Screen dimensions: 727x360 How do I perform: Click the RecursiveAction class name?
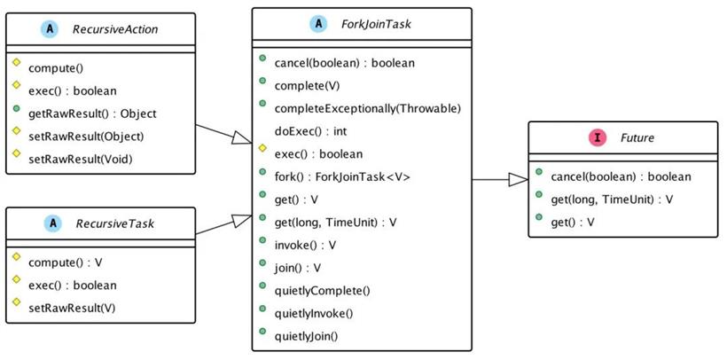tap(115, 29)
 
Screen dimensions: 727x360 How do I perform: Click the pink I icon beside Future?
tap(598, 137)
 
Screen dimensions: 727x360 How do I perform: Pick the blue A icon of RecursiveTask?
tap(53, 223)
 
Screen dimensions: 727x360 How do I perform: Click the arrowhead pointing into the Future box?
tap(519, 179)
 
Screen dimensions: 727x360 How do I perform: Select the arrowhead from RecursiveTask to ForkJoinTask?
tap(241, 220)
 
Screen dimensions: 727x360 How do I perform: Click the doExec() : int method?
tap(310, 131)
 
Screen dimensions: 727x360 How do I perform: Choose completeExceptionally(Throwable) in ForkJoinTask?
tap(367, 108)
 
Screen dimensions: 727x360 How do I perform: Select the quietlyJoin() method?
tap(306, 336)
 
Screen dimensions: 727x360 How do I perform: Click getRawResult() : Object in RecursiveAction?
tap(92, 113)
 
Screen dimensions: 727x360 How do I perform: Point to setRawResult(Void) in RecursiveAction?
tap(80, 159)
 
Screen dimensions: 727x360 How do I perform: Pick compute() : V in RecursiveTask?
tap(66, 262)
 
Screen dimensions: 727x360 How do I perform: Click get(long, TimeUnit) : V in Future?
tap(612, 200)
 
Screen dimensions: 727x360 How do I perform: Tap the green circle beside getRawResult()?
tap(17, 109)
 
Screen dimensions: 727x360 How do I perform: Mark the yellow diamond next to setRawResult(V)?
tap(17, 302)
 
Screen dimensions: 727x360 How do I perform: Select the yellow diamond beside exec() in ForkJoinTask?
tap(262, 148)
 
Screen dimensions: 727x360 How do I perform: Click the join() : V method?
tap(298, 268)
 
